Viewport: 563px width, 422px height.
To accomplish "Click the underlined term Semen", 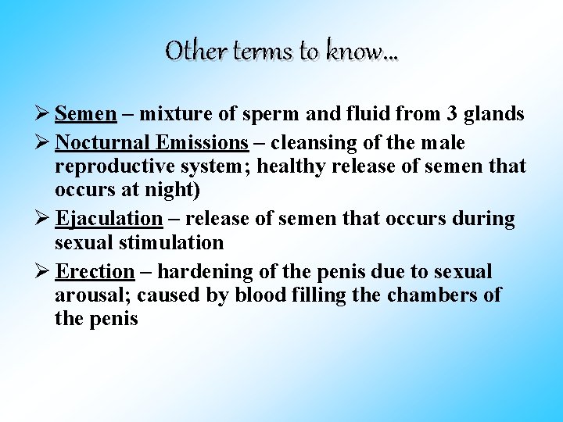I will coord(86,114).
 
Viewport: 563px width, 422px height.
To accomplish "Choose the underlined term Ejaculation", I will coord(109,220).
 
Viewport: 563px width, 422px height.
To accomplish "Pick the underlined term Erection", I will coord(95,272).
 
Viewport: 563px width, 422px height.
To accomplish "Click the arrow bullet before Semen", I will coord(44,114).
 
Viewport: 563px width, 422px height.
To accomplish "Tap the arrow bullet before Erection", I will coord(44,272).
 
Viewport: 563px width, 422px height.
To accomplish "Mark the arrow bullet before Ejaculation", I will coord(44,220).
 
